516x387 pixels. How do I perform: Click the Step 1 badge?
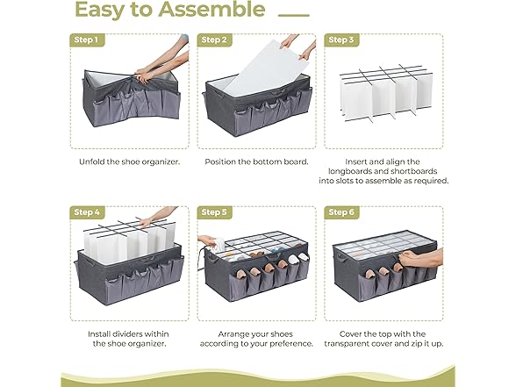click(x=86, y=40)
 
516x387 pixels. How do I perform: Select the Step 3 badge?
click(x=340, y=40)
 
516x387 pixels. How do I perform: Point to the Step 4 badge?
click(x=86, y=212)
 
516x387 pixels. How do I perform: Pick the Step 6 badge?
click(x=340, y=212)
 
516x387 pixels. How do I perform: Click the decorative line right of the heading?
click(x=293, y=14)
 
